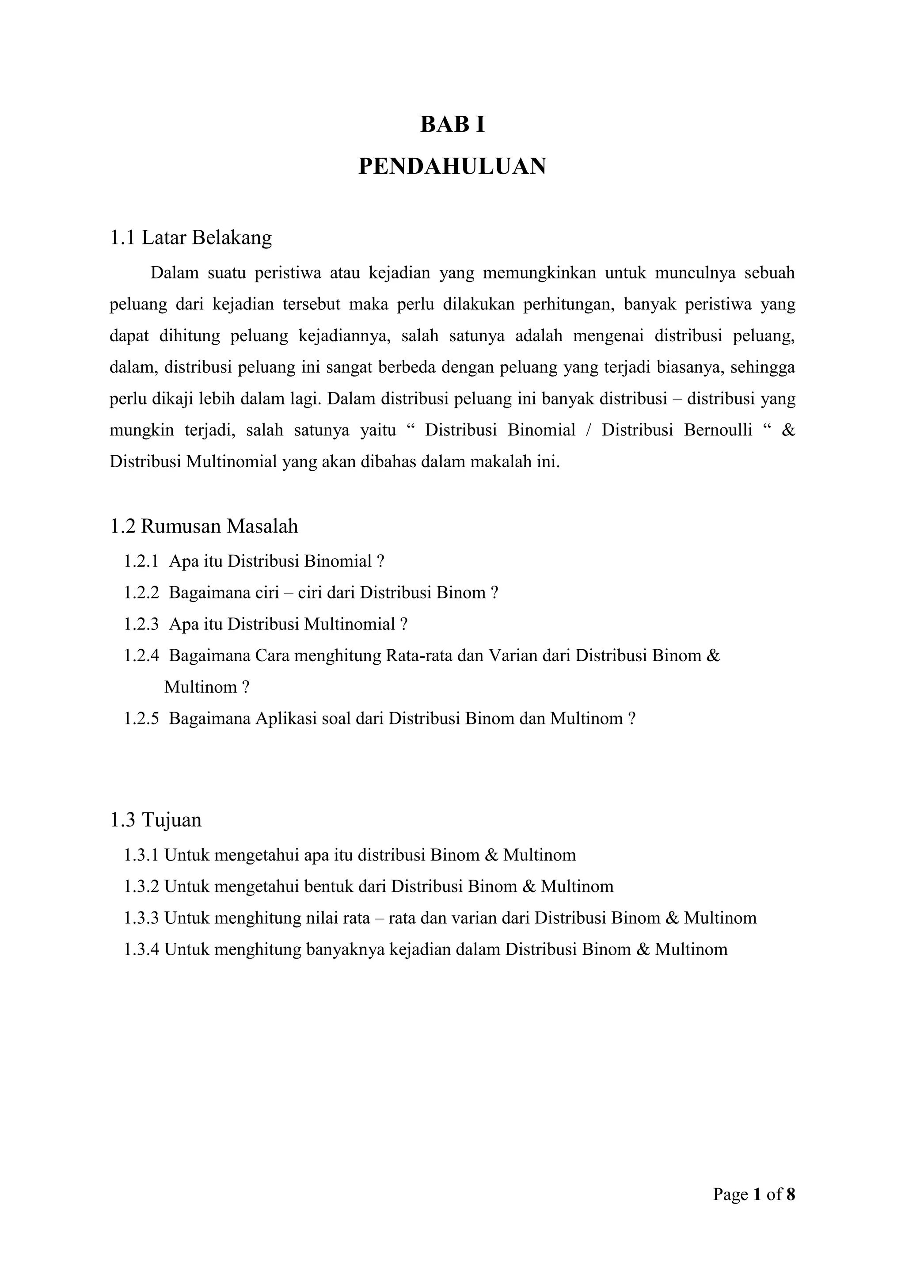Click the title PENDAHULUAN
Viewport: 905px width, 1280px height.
tap(452, 166)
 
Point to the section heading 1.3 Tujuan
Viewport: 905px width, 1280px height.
tap(156, 819)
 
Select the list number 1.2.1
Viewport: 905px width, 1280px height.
tap(141, 561)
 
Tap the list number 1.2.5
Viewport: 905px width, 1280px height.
tap(141, 718)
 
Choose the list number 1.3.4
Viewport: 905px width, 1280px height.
tap(141, 949)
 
